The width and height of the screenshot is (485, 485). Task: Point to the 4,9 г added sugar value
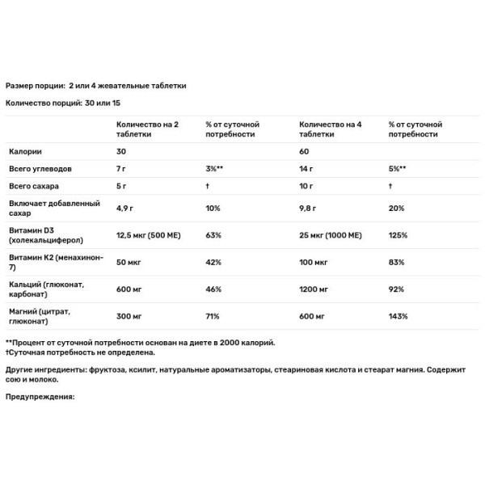128,208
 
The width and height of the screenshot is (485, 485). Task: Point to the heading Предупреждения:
40,396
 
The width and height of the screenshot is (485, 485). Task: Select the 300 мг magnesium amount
130,316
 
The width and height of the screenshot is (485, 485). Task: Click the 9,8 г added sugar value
310,208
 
